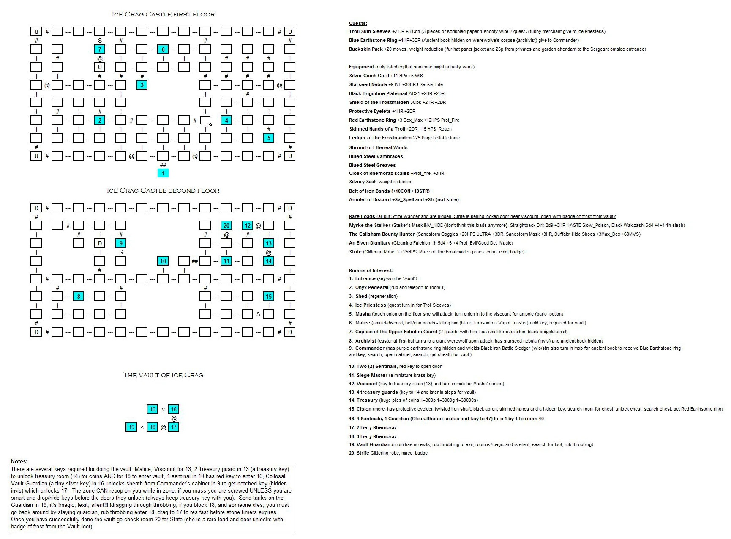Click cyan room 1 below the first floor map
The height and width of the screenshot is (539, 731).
coord(163,173)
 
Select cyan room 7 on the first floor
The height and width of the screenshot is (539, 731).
coord(100,49)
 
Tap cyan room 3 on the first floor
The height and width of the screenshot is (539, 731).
coord(142,85)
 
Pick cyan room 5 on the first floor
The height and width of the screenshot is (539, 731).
coord(269,138)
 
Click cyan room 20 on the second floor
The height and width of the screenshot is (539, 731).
coord(226,226)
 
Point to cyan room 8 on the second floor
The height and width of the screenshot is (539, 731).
coord(79,297)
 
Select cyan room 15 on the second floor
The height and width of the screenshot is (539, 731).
coord(269,297)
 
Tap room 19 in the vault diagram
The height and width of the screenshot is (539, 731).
coord(131,427)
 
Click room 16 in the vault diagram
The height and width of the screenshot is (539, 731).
coord(174,409)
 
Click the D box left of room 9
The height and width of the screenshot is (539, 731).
coord(100,243)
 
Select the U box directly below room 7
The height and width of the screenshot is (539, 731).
coord(100,67)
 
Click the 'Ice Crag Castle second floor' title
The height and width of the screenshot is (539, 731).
coord(163,191)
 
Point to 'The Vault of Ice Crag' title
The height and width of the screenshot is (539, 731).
coord(163,375)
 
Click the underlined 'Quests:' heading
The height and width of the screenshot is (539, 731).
coord(358,24)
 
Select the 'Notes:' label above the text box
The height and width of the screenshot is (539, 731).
coord(19,461)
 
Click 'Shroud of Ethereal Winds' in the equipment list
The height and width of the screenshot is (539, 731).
coord(378,147)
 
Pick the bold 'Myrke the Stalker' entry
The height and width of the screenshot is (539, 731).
coord(370,225)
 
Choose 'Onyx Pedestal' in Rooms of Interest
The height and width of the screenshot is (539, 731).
coord(371,287)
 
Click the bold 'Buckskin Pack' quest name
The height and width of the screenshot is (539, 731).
coord(366,49)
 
